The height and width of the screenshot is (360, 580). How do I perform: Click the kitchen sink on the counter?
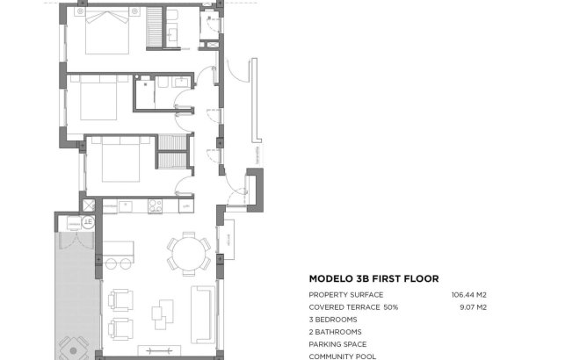pos(123,206)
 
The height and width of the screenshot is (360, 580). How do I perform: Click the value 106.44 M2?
pos(468,295)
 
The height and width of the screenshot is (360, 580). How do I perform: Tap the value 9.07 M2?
pos(474,307)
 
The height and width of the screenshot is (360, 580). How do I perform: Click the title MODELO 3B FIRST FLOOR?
pos(373,278)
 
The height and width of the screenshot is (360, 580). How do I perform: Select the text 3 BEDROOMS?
pos(335,320)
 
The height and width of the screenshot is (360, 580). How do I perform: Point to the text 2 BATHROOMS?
pos(335,332)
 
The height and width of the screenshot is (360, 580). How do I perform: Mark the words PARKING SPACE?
pos(337,344)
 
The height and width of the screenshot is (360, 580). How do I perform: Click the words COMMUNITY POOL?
pos(342,356)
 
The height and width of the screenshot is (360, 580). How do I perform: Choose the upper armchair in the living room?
pos(120,300)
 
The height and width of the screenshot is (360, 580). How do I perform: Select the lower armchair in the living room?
pos(120,328)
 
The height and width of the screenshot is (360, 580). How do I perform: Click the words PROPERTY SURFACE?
pos(344,295)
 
